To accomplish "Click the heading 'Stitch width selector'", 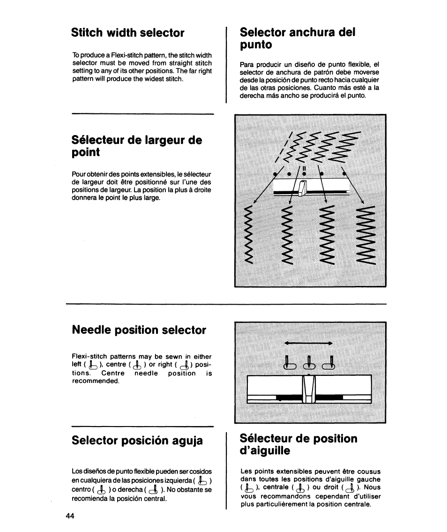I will point(128,33).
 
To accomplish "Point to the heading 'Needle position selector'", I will point(139,330).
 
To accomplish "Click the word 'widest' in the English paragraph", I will point(152,78).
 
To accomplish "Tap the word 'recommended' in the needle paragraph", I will point(95,381).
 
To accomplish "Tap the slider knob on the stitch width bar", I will point(302,188).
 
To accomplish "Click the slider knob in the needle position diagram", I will point(309,390).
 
